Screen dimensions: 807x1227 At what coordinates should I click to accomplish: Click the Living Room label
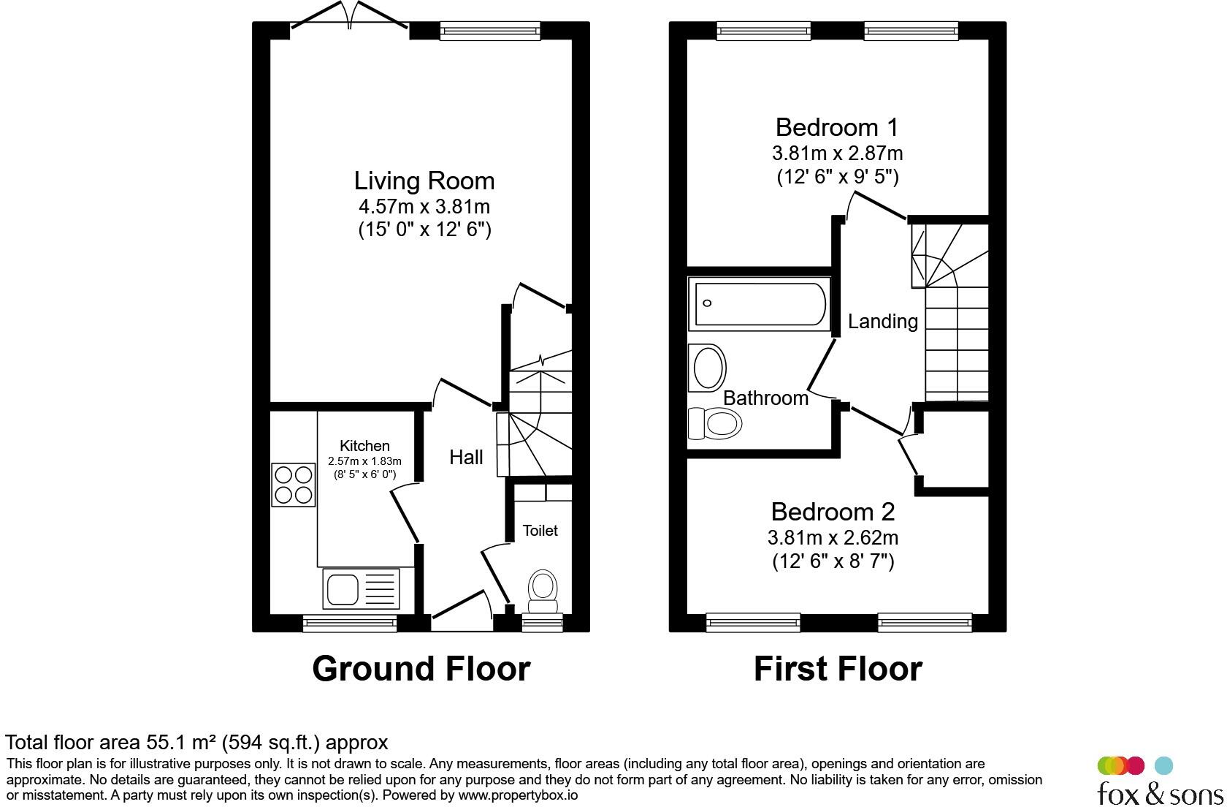click(x=424, y=181)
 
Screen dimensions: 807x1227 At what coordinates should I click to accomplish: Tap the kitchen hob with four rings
click(x=294, y=485)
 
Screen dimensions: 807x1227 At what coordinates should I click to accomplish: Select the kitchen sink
click(x=361, y=589)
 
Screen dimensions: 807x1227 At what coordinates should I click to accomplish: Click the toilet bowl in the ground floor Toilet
click(x=542, y=589)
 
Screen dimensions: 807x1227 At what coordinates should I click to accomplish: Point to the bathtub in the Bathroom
click(x=760, y=304)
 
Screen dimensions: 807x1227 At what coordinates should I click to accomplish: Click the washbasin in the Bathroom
click(x=708, y=368)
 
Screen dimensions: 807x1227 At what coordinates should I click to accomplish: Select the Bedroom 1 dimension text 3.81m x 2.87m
click(x=837, y=154)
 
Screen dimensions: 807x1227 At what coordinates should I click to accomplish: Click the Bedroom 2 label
click(x=833, y=511)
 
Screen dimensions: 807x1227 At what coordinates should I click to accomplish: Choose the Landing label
click(x=882, y=322)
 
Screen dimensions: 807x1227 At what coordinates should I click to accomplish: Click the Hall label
click(x=466, y=458)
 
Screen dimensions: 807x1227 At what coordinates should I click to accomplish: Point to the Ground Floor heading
click(x=421, y=669)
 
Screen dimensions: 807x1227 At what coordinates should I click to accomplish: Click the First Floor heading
click(x=838, y=669)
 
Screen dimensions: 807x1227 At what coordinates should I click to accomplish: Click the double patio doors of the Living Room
click(x=350, y=16)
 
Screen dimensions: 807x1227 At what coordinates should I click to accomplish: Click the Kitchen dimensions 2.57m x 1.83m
click(x=364, y=461)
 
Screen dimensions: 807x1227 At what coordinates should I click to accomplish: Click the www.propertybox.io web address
click(x=517, y=795)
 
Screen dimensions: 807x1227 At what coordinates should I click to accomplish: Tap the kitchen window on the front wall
click(x=350, y=624)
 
